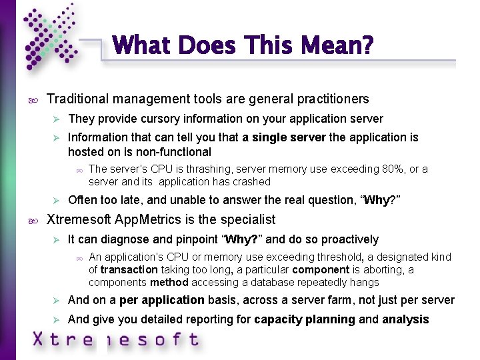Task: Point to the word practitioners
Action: tap(331, 99)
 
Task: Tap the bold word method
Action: tap(160, 282)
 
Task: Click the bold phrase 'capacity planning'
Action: tap(305, 319)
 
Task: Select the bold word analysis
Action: tap(405, 319)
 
